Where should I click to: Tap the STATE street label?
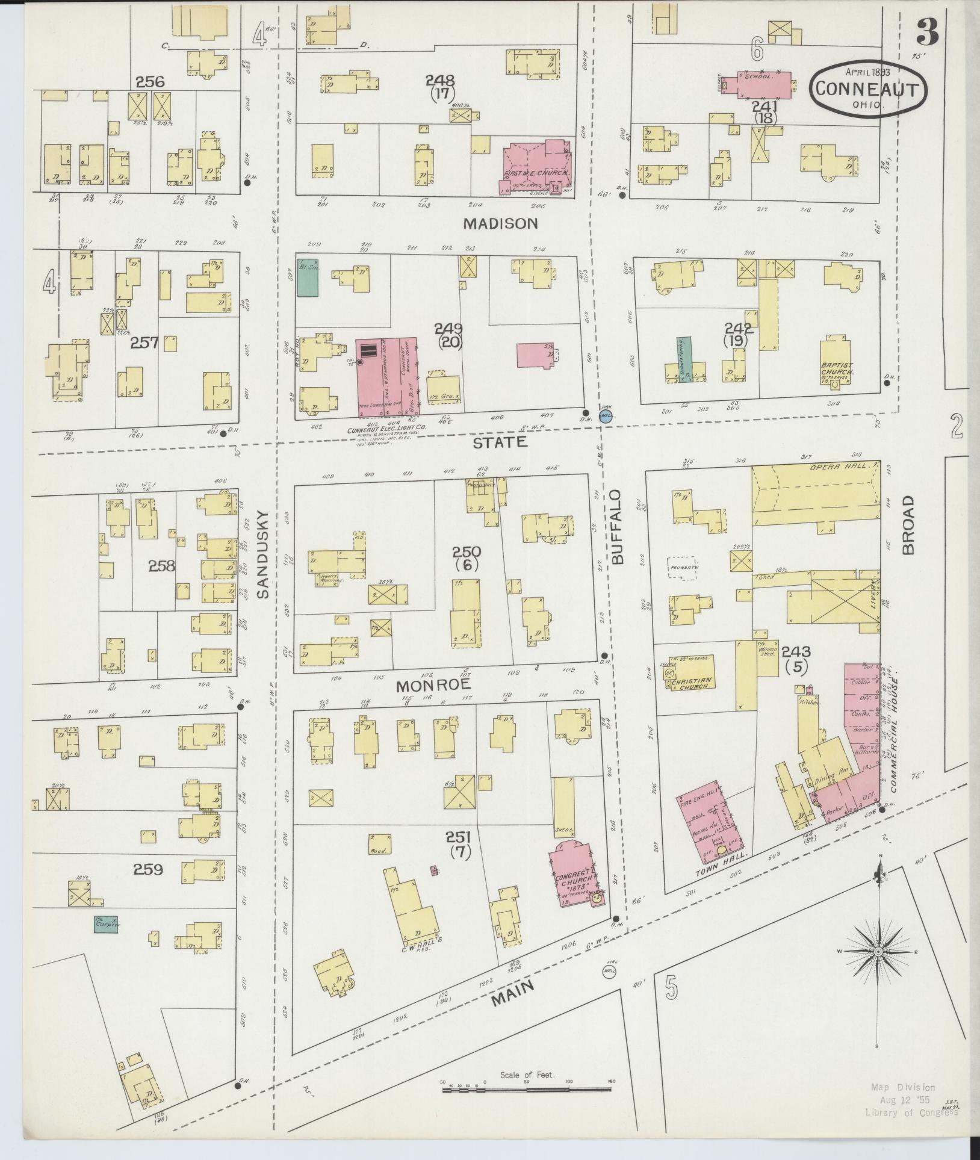[500, 442]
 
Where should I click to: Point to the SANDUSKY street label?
[262, 554]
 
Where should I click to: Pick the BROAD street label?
[908, 525]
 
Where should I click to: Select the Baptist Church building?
[836, 361]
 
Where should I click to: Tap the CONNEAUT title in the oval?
[867, 90]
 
